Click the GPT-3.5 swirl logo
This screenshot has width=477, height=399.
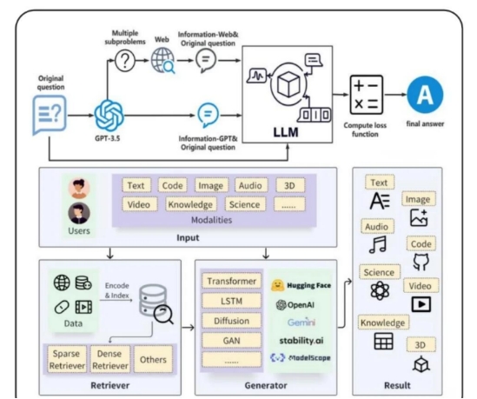[109, 116]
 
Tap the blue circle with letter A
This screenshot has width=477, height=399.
[425, 95]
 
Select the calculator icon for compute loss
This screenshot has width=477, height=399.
[367, 95]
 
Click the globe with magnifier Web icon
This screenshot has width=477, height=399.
[163, 61]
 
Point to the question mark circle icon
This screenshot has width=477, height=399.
[125, 61]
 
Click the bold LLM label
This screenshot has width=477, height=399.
[286, 132]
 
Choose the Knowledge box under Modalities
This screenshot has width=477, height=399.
[190, 204]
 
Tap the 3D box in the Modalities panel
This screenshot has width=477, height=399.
[289, 185]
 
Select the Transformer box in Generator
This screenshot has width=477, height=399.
[231, 282]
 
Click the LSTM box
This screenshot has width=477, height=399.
[231, 301]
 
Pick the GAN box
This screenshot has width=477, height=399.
[231, 341]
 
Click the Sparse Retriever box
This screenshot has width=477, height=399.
[67, 359]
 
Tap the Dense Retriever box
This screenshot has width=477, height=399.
[109, 359]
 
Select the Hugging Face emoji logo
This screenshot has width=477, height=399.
[277, 285]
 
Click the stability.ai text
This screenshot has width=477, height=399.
[301, 341]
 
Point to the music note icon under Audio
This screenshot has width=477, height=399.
[378, 244]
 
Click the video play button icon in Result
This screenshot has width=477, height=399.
[421, 304]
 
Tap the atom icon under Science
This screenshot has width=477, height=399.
[380, 290]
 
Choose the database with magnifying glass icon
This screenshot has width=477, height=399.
[156, 303]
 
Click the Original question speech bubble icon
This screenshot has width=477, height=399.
[50, 115]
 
